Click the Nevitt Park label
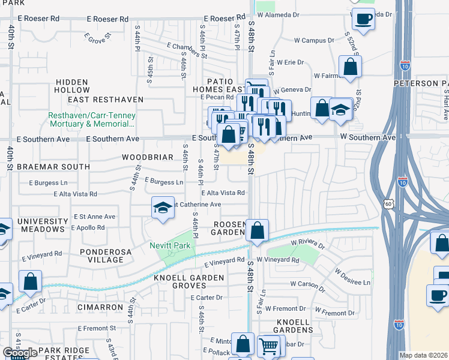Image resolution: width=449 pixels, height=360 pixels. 170,246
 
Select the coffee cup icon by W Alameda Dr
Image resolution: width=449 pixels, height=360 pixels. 363,20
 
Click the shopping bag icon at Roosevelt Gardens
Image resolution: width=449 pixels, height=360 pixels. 257,230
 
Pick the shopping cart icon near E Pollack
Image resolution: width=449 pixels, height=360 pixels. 268,346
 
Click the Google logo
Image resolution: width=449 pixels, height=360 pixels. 20,353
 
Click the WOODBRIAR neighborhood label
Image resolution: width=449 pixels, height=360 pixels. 148,157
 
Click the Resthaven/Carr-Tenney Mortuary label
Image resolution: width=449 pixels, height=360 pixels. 92,119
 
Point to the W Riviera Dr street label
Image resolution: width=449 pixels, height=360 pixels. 307,244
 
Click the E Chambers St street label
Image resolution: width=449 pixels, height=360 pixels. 187,50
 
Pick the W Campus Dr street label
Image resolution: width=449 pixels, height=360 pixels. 314,41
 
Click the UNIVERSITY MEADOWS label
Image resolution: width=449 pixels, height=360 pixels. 41,225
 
